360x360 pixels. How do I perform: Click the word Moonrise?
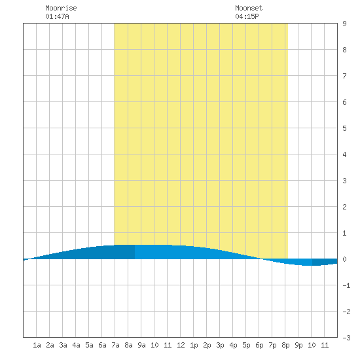(61, 8)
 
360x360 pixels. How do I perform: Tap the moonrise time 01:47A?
(57, 16)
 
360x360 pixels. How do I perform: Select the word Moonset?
(249, 8)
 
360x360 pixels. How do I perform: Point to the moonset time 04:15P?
(247, 16)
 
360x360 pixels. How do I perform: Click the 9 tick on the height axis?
(344, 24)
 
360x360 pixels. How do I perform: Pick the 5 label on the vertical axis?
(344, 128)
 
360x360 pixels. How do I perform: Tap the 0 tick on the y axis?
(344, 259)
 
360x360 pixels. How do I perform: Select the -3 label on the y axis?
(346, 338)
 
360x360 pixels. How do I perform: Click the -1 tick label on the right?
(346, 285)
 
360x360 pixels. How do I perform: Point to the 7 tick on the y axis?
(344, 76)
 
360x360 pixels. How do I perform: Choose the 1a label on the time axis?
(37, 345)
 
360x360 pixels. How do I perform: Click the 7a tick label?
(115, 345)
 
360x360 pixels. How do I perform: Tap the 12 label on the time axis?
(181, 345)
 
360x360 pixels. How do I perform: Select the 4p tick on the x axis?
(233, 345)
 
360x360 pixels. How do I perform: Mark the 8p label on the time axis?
(285, 345)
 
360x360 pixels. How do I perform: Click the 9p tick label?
(298, 345)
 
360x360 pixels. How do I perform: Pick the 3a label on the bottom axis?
(63, 345)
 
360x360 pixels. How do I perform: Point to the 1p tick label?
(194, 345)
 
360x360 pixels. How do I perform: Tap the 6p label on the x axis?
(259, 345)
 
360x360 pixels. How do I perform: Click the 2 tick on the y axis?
(344, 207)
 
